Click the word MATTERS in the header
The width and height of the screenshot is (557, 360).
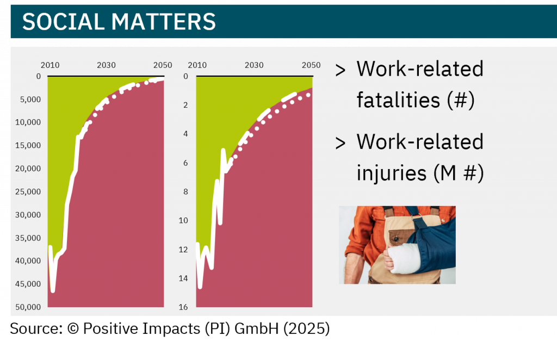pyautogui.click(x=164, y=22)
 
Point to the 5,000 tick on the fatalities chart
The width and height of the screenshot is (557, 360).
pyautogui.click(x=30, y=100)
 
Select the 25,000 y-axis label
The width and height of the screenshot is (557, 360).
pyautogui.click(x=28, y=192)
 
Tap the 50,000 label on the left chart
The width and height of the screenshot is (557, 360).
pyautogui.click(x=28, y=307)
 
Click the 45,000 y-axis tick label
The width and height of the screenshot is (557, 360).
pyautogui.click(x=28, y=284)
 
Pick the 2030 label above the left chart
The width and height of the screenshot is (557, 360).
pyautogui.click(x=106, y=65)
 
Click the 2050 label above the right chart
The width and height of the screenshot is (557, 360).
pyautogui.click(x=311, y=65)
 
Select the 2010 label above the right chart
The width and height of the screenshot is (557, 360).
pyautogui.click(x=197, y=65)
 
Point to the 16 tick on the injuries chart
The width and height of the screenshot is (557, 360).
pyautogui.click(x=183, y=307)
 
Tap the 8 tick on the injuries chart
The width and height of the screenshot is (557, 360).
pyautogui.click(x=185, y=192)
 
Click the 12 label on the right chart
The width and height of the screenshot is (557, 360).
pyautogui.click(x=183, y=250)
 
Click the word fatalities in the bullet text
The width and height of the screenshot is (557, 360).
pyautogui.click(x=398, y=100)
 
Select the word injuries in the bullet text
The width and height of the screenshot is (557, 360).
pyautogui.click(x=392, y=173)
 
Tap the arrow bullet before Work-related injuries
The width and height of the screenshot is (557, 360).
pyautogui.click(x=341, y=144)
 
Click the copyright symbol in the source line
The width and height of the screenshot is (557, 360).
pyautogui.click(x=73, y=328)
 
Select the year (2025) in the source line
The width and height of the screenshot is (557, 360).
pyautogui.click(x=307, y=329)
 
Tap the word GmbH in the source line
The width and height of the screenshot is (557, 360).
pyautogui.click(x=257, y=328)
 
